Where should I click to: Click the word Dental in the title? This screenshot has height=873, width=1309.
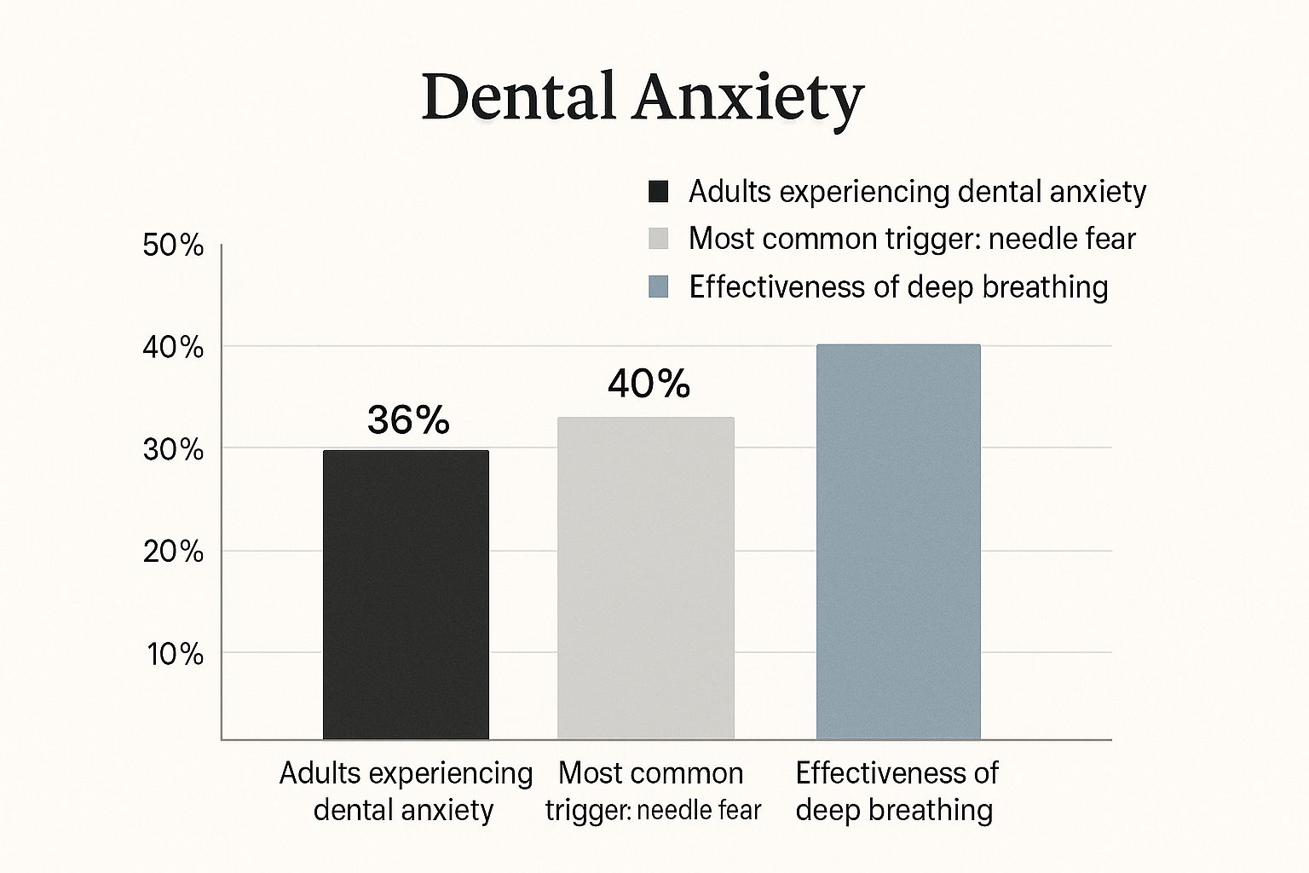(x=517, y=96)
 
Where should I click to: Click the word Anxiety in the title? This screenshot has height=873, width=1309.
(x=747, y=98)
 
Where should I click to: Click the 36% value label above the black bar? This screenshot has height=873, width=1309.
(x=408, y=419)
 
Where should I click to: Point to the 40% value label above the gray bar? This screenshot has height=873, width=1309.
(x=649, y=384)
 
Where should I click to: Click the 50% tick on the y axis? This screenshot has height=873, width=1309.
(x=174, y=246)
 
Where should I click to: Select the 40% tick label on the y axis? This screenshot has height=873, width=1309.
(x=174, y=348)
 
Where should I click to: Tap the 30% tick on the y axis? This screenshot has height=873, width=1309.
(x=174, y=449)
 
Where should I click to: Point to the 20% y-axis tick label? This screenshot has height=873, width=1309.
(x=174, y=552)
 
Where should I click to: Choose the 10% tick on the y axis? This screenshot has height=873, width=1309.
(x=176, y=654)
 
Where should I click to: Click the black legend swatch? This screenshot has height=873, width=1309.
(x=658, y=191)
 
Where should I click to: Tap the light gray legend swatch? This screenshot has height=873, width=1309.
(x=658, y=239)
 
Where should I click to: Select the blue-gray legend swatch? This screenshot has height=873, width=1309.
(x=658, y=286)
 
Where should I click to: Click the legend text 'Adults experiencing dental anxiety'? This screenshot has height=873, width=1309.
(x=917, y=192)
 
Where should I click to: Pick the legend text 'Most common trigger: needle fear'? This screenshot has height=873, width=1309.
(x=912, y=239)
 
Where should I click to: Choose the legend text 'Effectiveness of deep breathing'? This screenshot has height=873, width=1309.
(x=898, y=286)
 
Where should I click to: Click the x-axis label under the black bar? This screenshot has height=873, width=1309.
(x=405, y=791)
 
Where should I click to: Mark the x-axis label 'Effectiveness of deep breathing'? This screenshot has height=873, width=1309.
(x=896, y=791)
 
